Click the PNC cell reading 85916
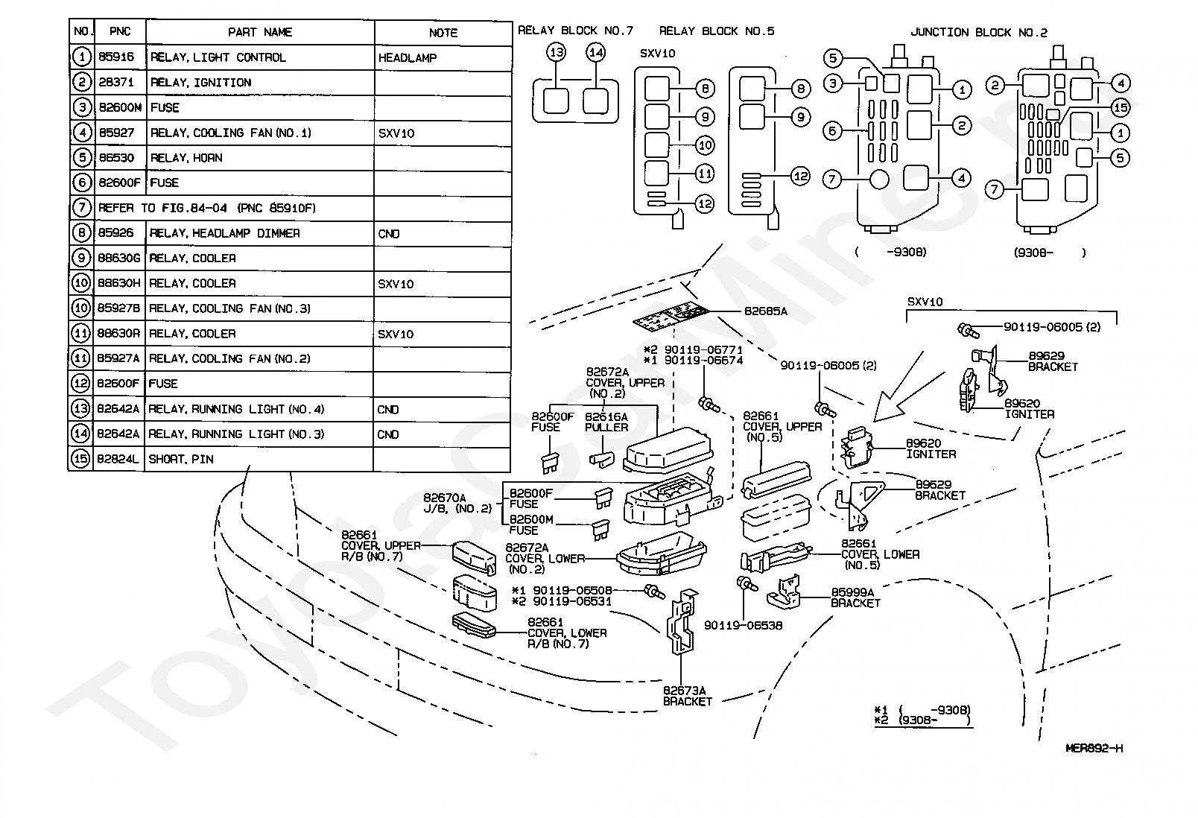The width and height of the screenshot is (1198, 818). pos(116,57)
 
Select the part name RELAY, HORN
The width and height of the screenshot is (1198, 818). pos(186,158)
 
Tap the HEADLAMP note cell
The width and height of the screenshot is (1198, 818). pos(408,58)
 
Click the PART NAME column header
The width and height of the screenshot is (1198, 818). pos(260,32)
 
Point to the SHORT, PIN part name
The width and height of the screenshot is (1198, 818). pos(181,459)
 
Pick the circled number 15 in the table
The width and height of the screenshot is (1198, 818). pos(80,459)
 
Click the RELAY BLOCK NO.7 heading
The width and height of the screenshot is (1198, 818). pos(575,31)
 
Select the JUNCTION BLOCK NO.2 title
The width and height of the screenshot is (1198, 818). pos(979,32)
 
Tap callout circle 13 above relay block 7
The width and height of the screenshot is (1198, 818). pos(557,52)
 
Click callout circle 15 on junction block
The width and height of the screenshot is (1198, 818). pos(1121,107)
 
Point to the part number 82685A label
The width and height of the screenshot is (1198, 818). pos(766,311)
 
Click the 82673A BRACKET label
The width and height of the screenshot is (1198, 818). pos(687,696)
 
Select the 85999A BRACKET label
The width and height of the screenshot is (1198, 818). pos(855,597)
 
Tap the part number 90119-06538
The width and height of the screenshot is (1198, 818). pos(743,625)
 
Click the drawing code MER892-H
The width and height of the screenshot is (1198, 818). pos(1094,749)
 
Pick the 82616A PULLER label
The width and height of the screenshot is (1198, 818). pos(606,422)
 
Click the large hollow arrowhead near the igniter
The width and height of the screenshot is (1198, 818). pos(888,406)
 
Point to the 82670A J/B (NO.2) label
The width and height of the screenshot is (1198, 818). pos(457,503)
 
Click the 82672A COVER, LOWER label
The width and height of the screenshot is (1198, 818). pos(545,559)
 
